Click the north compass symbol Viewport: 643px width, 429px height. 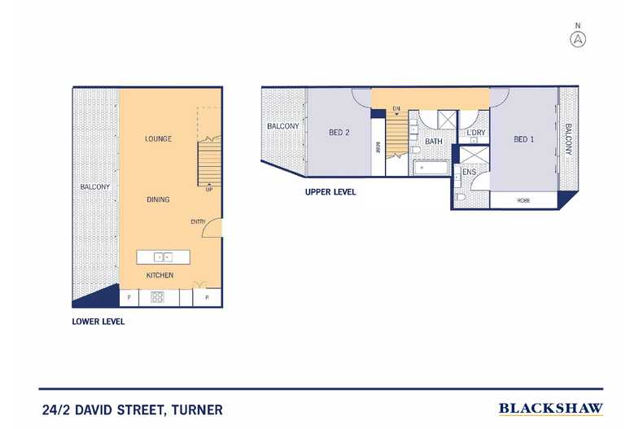[579, 38]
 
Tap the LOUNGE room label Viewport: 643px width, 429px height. [158, 139]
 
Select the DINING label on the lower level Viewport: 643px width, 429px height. [158, 199]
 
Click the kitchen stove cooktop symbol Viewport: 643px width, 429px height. [157, 297]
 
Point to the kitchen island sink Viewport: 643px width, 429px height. [162, 257]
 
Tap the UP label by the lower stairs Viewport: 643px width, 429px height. [209, 190]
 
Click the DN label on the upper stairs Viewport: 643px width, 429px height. [396, 108]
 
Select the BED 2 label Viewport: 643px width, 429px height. [339, 133]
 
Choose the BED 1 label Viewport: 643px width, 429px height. [524, 139]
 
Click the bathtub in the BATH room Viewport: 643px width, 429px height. [431, 169]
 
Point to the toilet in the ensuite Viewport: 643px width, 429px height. [461, 196]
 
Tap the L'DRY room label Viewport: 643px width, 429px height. [475, 133]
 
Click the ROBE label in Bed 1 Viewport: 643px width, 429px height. [523, 199]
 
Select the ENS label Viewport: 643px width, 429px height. [469, 173]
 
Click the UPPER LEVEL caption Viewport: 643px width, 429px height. [330, 193]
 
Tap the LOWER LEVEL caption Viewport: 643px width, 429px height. [98, 322]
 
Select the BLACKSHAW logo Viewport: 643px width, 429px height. [550, 408]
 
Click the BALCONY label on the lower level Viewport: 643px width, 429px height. [94, 187]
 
